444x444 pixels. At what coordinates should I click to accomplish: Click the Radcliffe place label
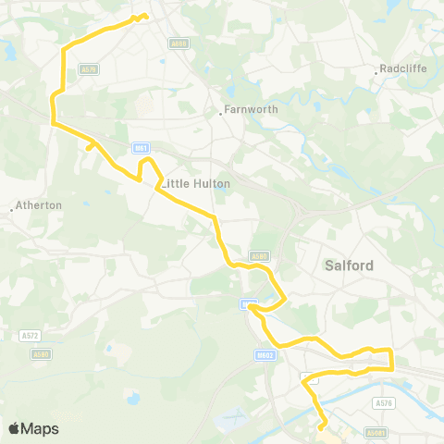(x=403, y=68)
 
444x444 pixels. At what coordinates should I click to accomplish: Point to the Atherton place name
(x=39, y=205)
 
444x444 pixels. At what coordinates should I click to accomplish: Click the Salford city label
(x=350, y=265)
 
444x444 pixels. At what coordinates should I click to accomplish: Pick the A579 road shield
(x=89, y=68)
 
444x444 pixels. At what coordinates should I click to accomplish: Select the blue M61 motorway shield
(x=140, y=146)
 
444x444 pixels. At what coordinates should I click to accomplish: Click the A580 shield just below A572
(x=40, y=352)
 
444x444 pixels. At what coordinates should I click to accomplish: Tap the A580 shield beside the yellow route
(x=258, y=256)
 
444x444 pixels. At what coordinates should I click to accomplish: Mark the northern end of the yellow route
(x=145, y=15)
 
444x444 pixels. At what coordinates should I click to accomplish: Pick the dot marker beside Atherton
(x=11, y=210)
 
